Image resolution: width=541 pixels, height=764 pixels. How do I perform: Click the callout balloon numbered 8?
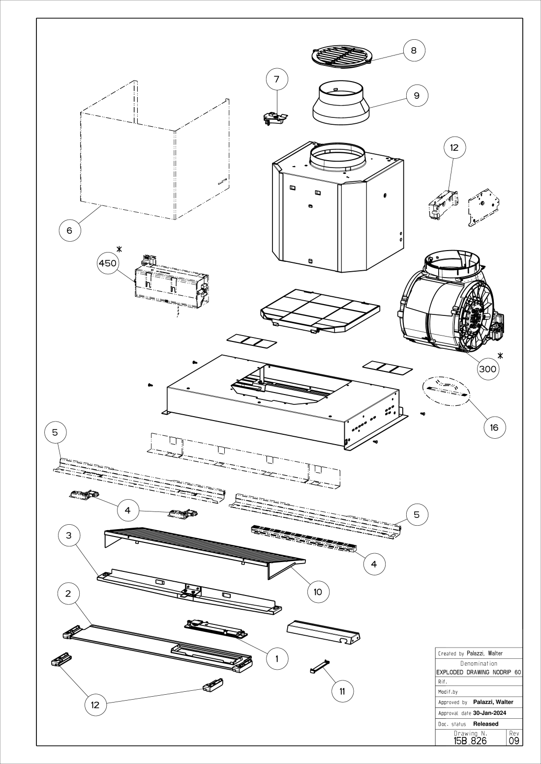[414, 51]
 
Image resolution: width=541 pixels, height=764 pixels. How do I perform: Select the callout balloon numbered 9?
[417, 95]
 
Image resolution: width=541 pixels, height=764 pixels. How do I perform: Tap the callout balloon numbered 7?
[276, 79]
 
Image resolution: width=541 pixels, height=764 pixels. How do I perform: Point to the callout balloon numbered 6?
[69, 230]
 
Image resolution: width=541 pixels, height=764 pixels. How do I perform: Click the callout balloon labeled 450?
[108, 263]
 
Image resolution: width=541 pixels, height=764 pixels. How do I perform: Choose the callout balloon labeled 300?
[487, 369]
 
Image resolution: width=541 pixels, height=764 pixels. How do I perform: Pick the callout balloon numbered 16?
[494, 427]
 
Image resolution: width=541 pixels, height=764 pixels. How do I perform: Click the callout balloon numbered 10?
[318, 592]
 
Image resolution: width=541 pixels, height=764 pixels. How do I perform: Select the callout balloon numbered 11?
[342, 691]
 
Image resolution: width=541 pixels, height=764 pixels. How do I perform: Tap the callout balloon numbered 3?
[69, 535]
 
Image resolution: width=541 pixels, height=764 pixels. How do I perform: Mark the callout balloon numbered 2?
[68, 593]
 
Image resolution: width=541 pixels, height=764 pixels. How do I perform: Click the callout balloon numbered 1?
[277, 658]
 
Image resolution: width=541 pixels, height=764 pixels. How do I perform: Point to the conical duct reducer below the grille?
[340, 104]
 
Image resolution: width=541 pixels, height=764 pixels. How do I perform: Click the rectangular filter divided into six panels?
[320, 311]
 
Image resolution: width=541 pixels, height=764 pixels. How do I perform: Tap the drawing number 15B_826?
[470, 740]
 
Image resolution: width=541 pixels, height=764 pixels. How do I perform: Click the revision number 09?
[514, 740]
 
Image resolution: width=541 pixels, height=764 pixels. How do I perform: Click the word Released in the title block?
[485, 724]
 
